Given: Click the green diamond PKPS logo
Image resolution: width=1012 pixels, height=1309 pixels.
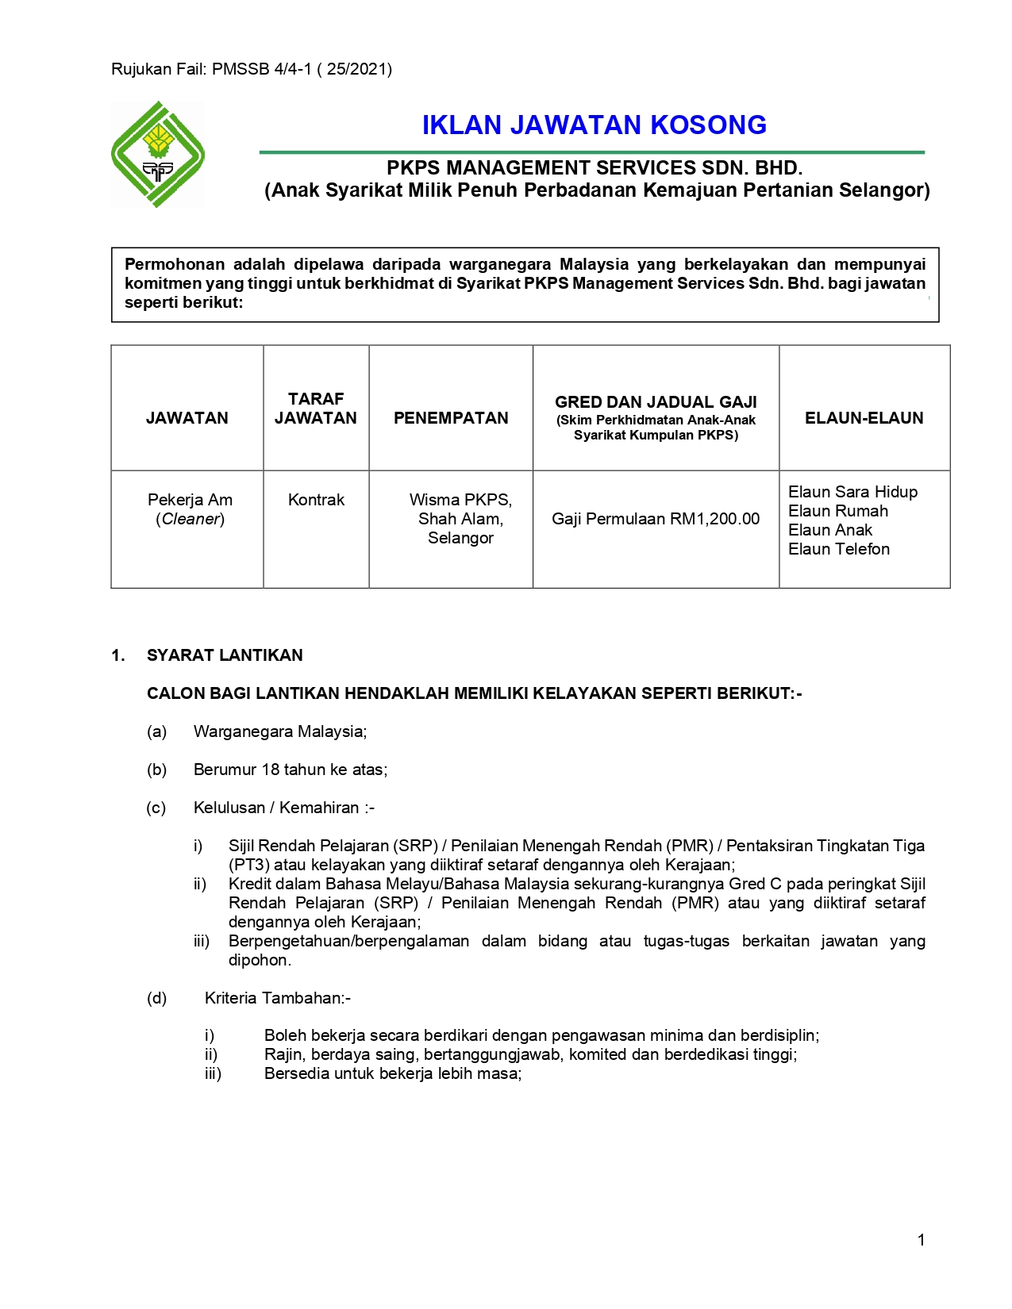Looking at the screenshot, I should pos(158,154).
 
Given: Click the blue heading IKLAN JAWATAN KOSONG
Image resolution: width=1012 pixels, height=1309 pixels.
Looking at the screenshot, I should pos(594,125).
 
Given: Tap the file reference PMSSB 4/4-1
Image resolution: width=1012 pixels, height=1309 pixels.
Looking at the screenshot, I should pos(261,69).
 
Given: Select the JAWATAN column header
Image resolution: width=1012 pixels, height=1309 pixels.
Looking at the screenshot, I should pos(187,418).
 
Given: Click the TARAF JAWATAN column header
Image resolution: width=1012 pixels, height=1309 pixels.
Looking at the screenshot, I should pos(316,409).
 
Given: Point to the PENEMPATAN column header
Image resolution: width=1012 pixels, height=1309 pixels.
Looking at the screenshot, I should pos(451,418).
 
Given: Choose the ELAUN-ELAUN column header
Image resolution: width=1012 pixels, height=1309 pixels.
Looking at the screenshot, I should pos(864,418).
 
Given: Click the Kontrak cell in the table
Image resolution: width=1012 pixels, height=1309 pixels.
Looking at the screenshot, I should pos(316,500).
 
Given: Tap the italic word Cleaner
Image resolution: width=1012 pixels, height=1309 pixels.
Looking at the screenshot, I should pos(190,519).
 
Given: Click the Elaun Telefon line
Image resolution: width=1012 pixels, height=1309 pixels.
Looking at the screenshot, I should pos(838,549).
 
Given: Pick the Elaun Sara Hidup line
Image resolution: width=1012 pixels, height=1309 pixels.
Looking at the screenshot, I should pos(852,492).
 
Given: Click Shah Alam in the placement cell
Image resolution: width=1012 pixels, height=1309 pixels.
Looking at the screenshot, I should pos(460,519).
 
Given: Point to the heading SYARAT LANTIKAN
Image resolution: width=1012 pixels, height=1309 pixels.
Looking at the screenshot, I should pos(225,655).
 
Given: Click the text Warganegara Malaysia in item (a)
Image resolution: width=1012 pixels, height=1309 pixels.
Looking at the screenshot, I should pos(279,731).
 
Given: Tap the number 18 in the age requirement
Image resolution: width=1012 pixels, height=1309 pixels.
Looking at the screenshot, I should pos(270,770).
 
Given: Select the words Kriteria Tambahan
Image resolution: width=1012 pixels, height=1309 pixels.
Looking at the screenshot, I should pos(276,998).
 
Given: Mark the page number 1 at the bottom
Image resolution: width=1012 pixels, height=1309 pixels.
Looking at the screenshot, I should pos(921,1240).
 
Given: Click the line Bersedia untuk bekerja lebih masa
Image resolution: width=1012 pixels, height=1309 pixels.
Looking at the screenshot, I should pos(392,1073).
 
